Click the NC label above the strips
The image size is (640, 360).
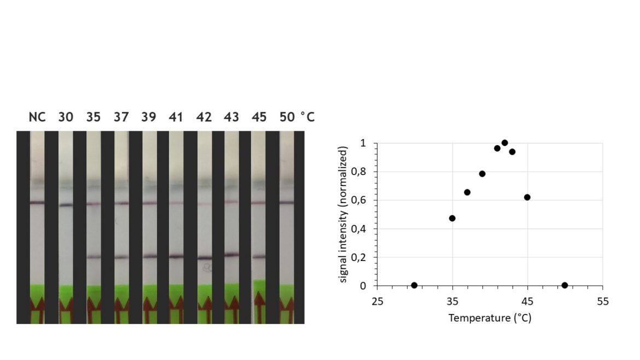37,118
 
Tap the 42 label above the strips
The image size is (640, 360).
203,118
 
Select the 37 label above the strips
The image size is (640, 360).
121,118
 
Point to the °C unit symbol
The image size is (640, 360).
307,118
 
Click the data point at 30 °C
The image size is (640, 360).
414,285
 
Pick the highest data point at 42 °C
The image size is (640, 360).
505,143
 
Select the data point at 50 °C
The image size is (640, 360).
565,285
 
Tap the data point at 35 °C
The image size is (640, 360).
452,218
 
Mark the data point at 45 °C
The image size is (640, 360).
527,197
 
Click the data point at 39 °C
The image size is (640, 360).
482,174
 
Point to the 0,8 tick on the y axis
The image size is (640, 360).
358,172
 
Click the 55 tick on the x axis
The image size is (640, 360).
602,301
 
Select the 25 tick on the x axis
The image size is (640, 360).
377,301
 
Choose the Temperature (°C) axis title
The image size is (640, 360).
490,318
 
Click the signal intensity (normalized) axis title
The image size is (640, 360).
343,214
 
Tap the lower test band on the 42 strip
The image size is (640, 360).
205,258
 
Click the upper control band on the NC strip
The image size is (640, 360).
37,202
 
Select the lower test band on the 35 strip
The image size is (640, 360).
94,257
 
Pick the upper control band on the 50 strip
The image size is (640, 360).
287,202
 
